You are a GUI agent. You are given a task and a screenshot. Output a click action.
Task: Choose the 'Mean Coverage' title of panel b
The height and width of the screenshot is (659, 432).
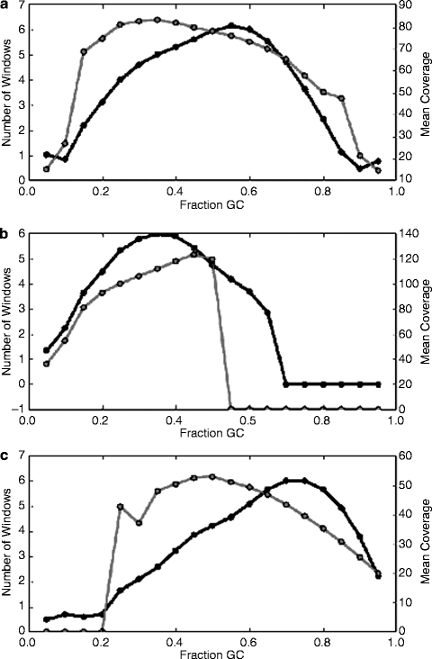426,320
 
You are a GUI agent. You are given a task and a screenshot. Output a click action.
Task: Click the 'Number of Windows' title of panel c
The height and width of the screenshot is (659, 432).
6,543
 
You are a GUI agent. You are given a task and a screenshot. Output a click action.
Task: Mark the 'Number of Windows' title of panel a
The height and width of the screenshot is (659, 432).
6,93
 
